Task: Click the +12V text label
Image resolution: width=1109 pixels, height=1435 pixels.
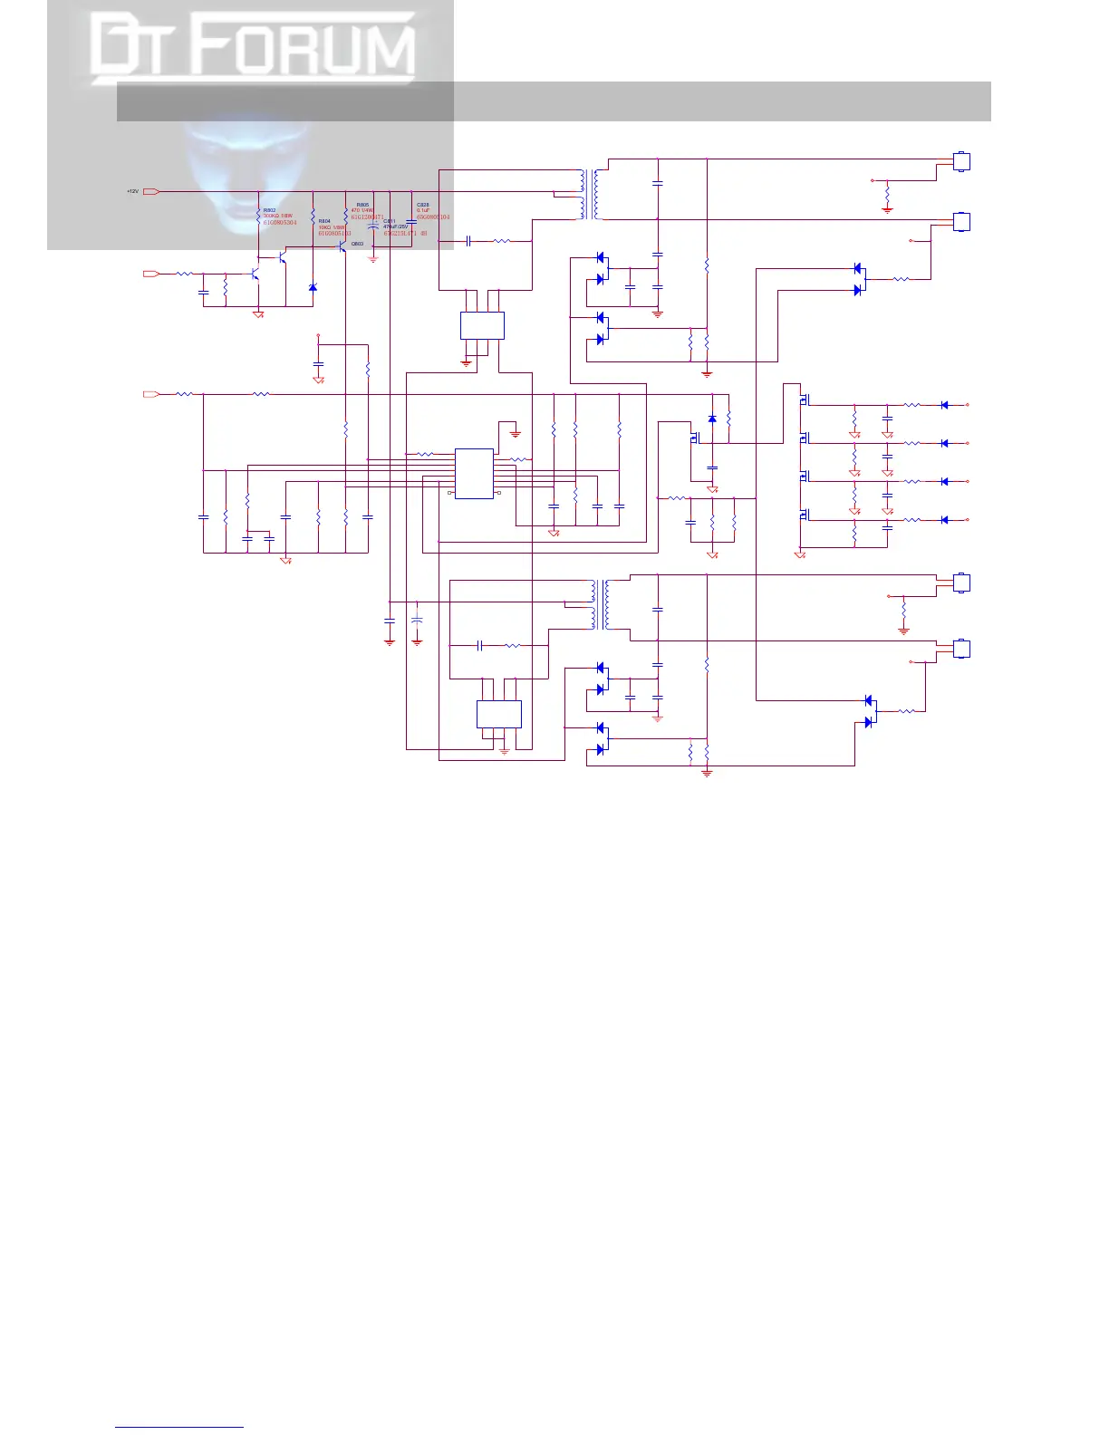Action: [132, 191]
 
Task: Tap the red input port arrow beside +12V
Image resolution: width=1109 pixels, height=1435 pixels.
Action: [151, 191]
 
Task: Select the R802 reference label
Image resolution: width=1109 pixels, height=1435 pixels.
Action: [269, 210]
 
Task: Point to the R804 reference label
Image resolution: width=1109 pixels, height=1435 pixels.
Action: [324, 220]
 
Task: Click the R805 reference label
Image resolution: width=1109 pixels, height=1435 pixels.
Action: [362, 205]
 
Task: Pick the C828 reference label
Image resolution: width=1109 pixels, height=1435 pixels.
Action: [422, 205]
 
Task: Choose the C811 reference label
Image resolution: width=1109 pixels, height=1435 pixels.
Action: [390, 220]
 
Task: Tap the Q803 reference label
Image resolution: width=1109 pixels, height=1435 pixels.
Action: [357, 244]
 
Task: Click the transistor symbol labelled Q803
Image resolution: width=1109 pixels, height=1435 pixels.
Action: [342, 246]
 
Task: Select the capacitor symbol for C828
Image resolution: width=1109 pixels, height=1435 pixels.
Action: [411, 222]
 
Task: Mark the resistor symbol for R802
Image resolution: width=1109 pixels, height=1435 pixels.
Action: [258, 216]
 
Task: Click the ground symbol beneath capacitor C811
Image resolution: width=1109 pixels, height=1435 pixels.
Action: [372, 259]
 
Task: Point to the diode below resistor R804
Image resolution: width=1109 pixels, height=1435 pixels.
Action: [313, 287]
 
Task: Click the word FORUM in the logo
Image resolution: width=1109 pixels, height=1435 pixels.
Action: [308, 49]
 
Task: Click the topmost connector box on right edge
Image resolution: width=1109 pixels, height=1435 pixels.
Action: [962, 162]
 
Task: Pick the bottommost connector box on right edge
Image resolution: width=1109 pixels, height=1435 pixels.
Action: [962, 649]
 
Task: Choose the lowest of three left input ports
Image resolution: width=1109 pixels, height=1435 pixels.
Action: [151, 394]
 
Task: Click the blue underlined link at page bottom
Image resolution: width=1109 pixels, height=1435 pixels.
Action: [179, 1428]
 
